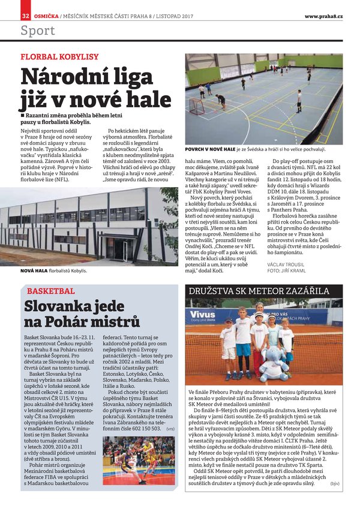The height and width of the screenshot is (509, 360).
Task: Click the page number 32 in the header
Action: [25, 15]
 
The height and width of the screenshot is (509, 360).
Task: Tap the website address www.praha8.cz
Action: [323, 16]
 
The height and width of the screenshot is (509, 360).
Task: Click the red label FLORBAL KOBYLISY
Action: [59, 58]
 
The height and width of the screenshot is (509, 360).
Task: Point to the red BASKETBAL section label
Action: [51, 291]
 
